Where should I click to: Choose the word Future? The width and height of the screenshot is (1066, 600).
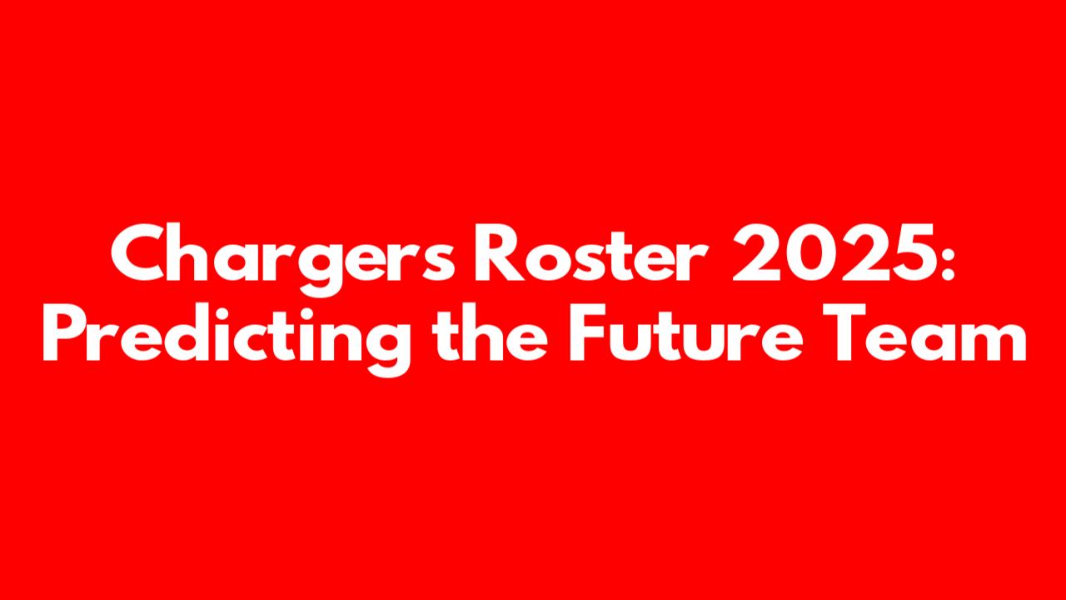(x=687, y=332)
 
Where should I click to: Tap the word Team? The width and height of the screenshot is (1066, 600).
(x=924, y=332)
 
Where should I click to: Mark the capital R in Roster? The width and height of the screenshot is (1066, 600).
(x=499, y=252)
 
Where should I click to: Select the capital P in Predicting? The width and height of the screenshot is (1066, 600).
(x=65, y=332)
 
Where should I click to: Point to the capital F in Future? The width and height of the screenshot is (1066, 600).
(x=589, y=332)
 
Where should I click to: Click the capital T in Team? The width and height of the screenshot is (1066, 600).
(x=844, y=332)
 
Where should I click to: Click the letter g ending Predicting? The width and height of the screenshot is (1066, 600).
(x=386, y=348)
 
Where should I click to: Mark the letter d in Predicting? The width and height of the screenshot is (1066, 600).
(x=188, y=332)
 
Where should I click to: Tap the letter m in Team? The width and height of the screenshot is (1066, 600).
(x=994, y=340)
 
